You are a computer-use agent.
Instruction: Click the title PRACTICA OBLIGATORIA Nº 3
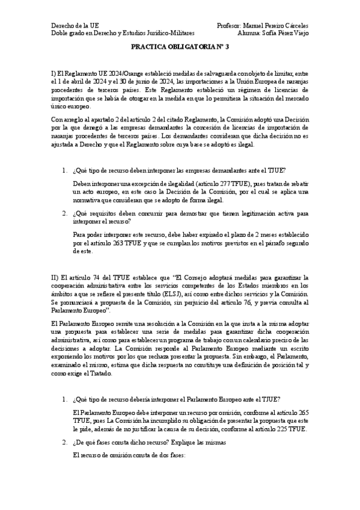(x=180, y=53)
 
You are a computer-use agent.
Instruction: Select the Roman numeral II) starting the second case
(x=56, y=277)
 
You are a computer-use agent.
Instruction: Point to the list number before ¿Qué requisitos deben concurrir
(x=65, y=214)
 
